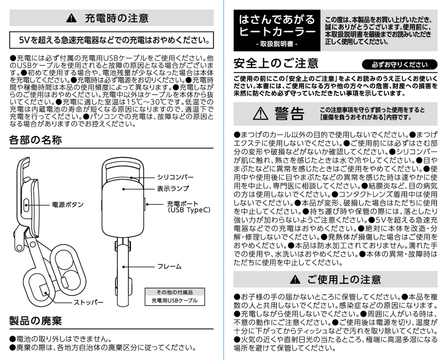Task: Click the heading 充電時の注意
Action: point(116,18)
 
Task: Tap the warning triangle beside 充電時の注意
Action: point(71,19)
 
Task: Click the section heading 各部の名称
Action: point(35,140)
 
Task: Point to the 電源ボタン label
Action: point(67,205)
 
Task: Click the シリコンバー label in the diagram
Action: point(175,177)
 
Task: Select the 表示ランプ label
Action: point(173,188)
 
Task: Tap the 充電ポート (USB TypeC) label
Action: point(188,208)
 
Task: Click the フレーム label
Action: point(169,266)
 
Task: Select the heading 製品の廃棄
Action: point(36,321)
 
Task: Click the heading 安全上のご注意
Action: point(276,64)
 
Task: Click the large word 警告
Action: point(289,113)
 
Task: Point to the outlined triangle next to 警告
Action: point(260,113)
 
